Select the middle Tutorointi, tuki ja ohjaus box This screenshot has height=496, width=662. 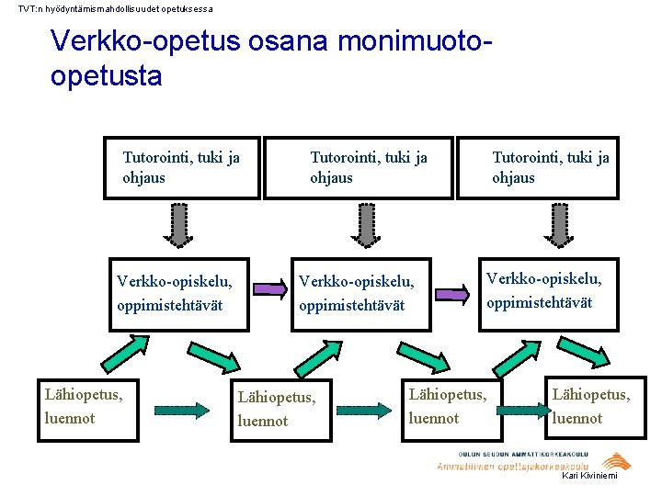360,168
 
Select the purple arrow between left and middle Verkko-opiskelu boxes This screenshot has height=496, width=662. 270,290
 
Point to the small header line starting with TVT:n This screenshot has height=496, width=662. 116,8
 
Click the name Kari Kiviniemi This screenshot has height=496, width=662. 589,475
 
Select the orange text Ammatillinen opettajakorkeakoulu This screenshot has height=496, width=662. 512,467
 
